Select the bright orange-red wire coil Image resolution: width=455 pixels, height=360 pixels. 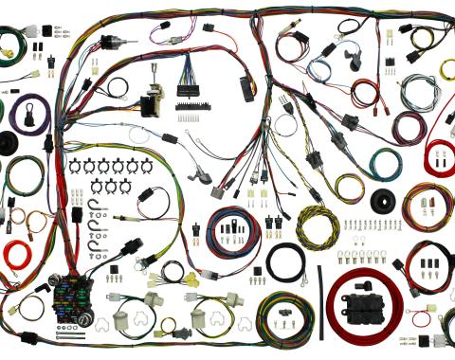click(17, 254)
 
